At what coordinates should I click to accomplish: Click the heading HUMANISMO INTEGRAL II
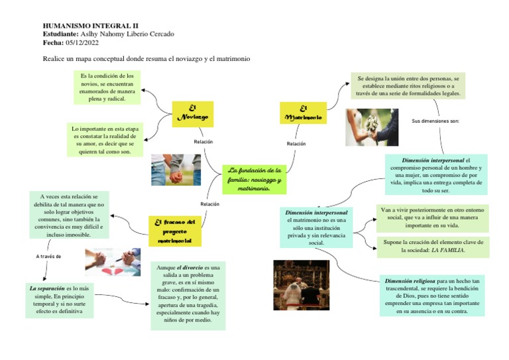81,25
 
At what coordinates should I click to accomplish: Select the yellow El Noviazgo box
192,114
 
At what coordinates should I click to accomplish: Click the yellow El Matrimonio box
302,113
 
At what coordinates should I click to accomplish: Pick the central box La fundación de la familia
254,179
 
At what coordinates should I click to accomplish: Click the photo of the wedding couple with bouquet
372,127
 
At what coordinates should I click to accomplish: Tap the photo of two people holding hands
176,170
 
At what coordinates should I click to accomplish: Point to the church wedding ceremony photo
302,284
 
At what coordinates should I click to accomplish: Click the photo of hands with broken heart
112,262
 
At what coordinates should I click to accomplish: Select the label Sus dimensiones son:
435,121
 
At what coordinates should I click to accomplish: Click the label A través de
48,256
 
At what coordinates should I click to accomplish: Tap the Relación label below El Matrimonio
296,143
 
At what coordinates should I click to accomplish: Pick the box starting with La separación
60,300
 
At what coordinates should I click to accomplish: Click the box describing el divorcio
188,295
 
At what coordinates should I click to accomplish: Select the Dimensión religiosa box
431,296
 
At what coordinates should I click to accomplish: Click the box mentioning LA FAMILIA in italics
432,247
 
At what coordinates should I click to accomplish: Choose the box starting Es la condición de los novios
107,88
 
